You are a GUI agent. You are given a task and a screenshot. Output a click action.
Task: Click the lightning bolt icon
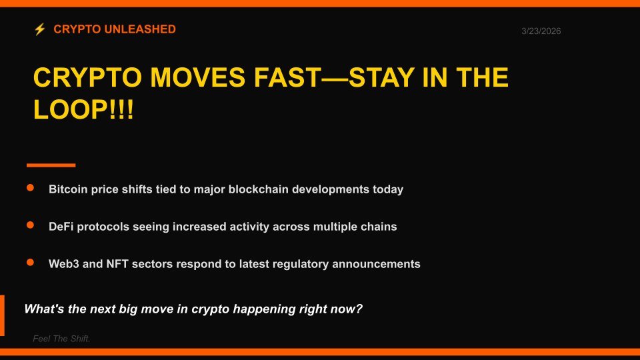(40, 29)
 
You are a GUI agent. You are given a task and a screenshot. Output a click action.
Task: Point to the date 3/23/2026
(541, 31)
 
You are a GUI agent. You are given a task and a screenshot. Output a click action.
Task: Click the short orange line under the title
(51, 165)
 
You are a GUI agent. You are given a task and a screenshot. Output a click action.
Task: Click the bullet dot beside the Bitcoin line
(30, 189)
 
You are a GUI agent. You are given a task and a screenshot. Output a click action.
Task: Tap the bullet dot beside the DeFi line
(30, 226)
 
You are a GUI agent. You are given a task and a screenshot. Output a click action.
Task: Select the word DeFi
(61, 227)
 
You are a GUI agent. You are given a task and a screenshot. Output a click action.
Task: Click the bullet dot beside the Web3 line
(30, 263)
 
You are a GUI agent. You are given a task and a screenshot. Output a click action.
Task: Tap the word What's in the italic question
(43, 309)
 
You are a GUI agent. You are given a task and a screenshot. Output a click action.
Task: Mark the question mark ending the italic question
(359, 309)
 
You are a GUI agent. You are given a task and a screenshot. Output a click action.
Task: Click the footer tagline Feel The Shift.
(61, 339)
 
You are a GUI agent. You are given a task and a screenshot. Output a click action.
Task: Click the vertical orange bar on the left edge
(2, 315)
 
